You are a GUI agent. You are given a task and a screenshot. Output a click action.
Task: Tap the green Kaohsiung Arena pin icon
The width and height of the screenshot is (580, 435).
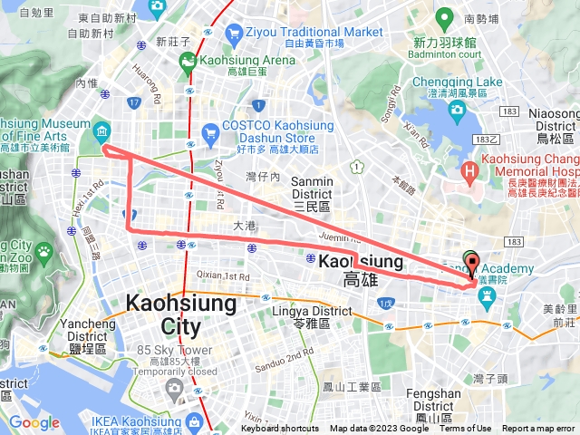click(188, 63)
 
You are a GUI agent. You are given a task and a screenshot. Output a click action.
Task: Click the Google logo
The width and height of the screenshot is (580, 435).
click(34, 423)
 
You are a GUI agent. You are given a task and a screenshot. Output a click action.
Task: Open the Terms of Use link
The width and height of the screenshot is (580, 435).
click(466, 429)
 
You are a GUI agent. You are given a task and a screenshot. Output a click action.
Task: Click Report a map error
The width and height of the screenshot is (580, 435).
click(539, 429)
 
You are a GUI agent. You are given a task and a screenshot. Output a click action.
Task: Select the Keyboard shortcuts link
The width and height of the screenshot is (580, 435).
click(280, 429)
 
